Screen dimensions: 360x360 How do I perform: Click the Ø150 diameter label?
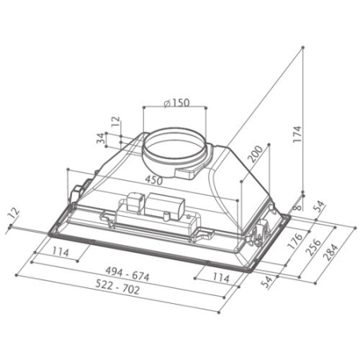pyautogui.click(x=177, y=102)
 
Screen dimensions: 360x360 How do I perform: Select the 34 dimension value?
pyautogui.click(x=101, y=138)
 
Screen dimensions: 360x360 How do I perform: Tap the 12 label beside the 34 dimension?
pyautogui.click(x=116, y=122)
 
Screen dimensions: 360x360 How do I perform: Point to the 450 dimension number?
pyautogui.click(x=154, y=181)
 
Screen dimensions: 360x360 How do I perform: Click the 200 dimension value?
pyautogui.click(x=255, y=154)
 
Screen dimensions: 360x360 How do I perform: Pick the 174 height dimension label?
pyautogui.click(x=297, y=134)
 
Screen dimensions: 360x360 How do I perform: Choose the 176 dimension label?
pyautogui.click(x=296, y=241)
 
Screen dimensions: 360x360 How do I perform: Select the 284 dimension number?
pyautogui.click(x=330, y=252)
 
